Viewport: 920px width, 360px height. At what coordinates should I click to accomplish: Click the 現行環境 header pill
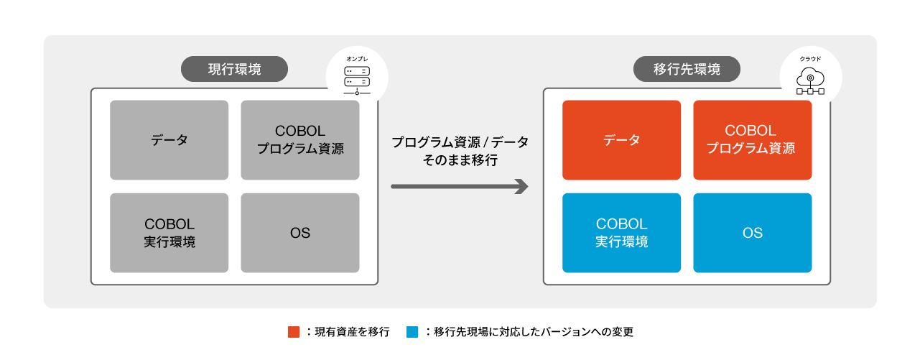point(234,69)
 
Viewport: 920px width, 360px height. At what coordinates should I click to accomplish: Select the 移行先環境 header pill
point(687,69)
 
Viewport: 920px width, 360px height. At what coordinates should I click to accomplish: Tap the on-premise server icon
point(357,80)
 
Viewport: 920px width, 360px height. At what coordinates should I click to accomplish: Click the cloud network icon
point(810,81)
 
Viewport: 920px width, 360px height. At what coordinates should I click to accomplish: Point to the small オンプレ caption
point(357,59)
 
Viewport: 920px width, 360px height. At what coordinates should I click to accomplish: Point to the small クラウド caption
point(810,59)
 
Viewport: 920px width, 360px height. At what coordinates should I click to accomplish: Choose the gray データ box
point(169,140)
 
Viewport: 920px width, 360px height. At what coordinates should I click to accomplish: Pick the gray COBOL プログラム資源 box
point(300,140)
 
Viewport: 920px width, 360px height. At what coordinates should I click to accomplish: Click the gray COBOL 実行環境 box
point(169,233)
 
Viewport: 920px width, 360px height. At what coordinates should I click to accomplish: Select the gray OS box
point(300,233)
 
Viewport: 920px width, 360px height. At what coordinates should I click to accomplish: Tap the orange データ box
point(621,140)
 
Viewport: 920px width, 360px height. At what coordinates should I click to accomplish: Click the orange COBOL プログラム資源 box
point(753,140)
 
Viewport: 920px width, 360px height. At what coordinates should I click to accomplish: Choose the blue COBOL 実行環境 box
point(621,233)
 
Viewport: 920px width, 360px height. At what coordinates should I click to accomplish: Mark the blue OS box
point(753,233)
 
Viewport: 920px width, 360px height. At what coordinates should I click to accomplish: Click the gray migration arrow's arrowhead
point(522,187)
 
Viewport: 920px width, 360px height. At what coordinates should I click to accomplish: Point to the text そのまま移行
point(460,160)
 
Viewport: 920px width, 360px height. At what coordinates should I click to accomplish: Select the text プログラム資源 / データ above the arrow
point(460,142)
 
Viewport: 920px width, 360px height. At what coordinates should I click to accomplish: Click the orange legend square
point(294,332)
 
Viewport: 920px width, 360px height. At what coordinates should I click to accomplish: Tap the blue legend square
point(412,332)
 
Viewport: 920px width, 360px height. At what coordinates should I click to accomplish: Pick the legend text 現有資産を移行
point(352,332)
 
